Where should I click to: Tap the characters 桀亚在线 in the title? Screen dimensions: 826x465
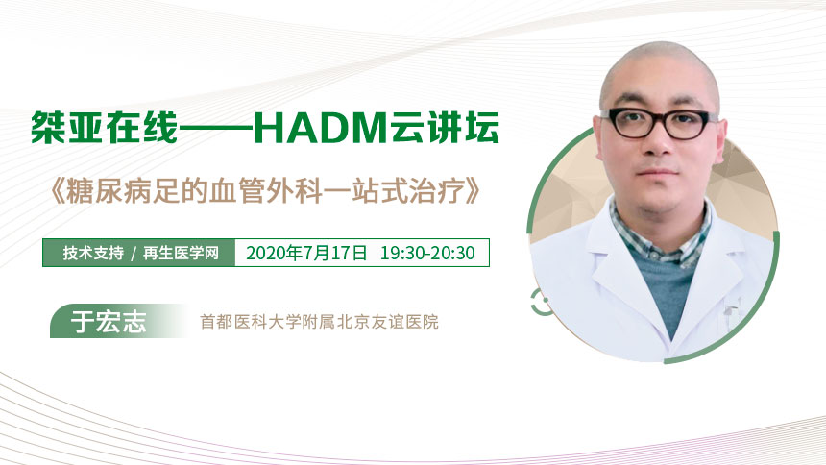(x=105, y=128)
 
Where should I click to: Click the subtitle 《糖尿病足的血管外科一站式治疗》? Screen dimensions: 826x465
(x=263, y=191)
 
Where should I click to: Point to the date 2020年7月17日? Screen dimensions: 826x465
(x=306, y=253)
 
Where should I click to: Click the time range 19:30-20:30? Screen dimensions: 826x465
(x=427, y=253)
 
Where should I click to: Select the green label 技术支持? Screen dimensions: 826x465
(x=93, y=253)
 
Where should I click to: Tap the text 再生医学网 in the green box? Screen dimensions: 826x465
(x=181, y=253)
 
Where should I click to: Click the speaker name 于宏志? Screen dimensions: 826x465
(x=109, y=321)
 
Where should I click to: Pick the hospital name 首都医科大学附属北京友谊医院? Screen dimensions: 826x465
(x=319, y=322)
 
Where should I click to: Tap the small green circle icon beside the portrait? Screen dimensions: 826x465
(x=539, y=302)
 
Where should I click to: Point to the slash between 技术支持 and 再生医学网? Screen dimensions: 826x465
(x=134, y=254)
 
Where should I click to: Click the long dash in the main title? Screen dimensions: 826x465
(x=216, y=128)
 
